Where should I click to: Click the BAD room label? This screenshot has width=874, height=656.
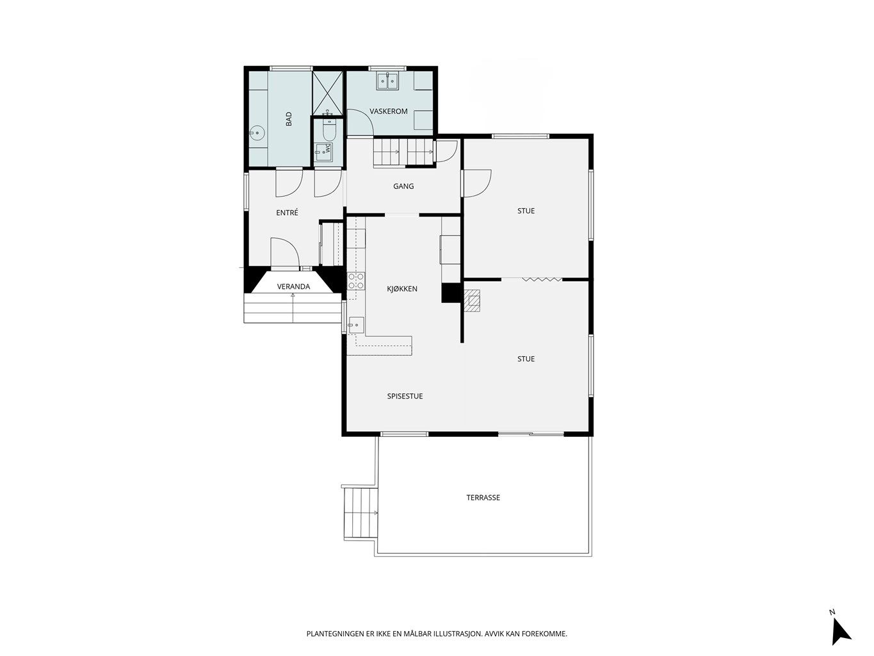click(289, 119)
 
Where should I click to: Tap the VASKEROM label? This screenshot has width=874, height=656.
click(388, 111)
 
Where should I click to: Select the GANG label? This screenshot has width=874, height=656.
click(403, 186)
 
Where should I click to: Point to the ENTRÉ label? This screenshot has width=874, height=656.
click(287, 213)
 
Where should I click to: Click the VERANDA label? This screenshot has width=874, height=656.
click(293, 286)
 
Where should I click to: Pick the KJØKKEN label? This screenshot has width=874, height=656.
click(402, 289)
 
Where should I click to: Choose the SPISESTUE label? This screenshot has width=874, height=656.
click(405, 396)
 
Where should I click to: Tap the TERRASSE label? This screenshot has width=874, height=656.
click(483, 498)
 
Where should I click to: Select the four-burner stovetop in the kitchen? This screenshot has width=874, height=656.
click(357, 281)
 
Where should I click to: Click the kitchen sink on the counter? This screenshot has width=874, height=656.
click(357, 325)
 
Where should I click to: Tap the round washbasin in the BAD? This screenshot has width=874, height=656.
click(257, 133)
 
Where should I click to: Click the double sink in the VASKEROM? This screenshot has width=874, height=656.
click(387, 81)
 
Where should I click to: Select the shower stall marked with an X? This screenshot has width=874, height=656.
click(327, 92)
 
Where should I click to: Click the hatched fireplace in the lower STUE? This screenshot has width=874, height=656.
click(473, 300)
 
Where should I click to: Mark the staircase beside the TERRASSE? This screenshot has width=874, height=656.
click(360, 512)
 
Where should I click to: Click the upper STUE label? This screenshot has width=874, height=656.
click(526, 211)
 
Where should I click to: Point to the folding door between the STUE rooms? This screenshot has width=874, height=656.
click(542, 279)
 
